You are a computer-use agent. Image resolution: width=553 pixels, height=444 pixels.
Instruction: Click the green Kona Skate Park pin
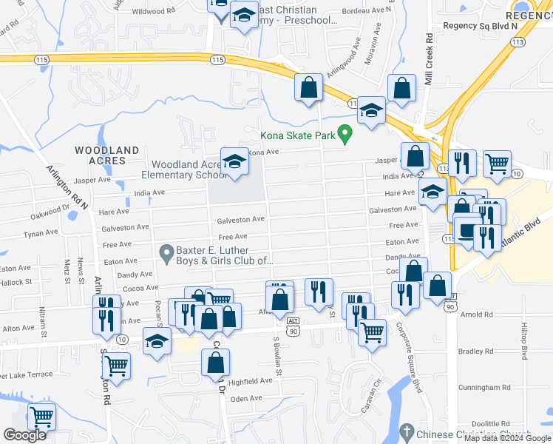click(x=344, y=134)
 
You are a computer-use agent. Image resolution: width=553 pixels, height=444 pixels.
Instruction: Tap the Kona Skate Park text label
click(x=299, y=135)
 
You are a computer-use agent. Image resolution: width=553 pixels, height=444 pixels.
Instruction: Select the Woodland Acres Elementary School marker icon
click(x=234, y=161)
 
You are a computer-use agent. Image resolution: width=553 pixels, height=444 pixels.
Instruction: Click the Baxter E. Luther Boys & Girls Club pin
click(x=167, y=254)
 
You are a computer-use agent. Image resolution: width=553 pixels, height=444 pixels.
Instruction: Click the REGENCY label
click(x=529, y=15)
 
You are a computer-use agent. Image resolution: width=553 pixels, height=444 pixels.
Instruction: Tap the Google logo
click(x=24, y=435)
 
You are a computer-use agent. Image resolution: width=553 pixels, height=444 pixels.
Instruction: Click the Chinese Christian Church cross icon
click(x=405, y=432)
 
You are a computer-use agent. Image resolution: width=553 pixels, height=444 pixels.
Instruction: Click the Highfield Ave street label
click(x=251, y=381)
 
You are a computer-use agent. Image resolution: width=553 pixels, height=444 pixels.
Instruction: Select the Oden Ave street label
click(x=247, y=398)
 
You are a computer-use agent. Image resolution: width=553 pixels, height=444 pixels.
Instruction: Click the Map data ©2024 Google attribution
click(x=507, y=438)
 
